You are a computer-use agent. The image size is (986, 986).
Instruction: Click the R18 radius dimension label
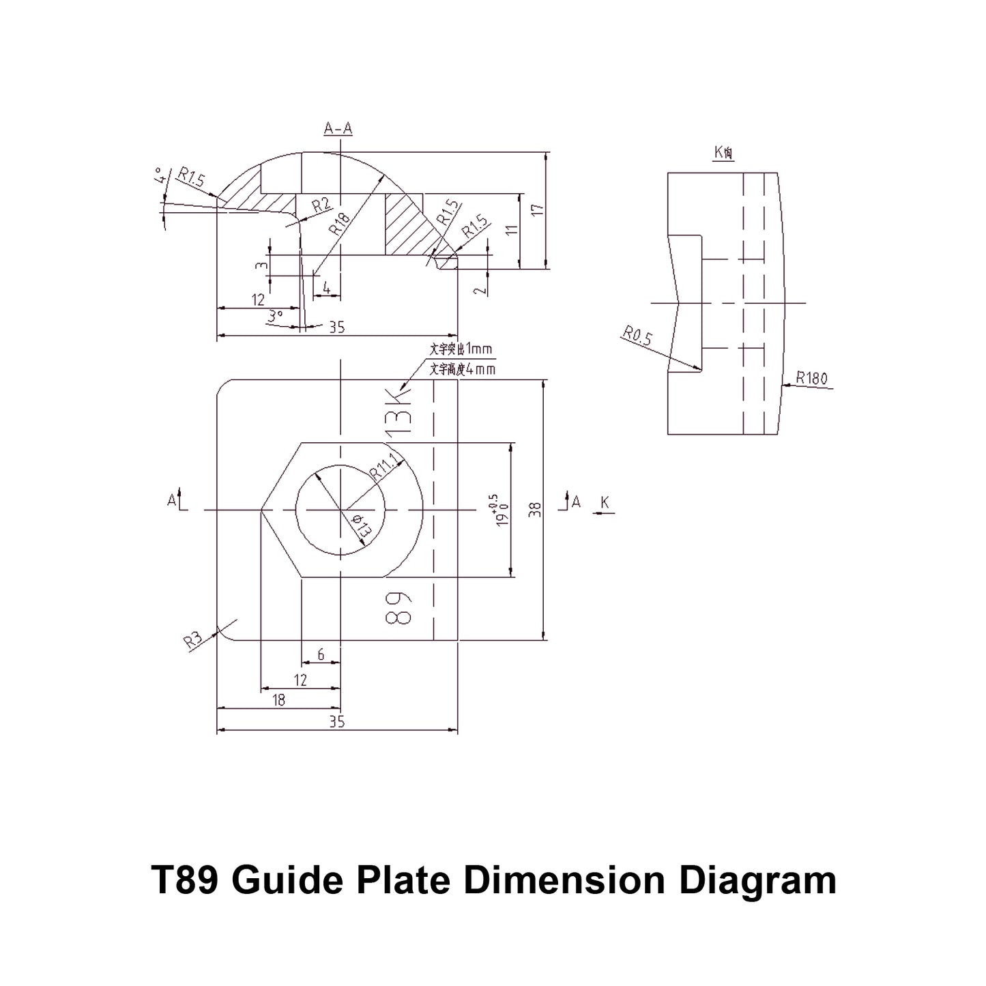point(339,222)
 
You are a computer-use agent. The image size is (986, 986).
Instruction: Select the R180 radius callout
point(811,378)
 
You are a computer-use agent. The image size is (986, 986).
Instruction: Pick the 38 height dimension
point(535,510)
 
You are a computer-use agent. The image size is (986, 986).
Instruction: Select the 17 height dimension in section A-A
point(538,209)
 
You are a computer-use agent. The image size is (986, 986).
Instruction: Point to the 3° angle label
point(275,317)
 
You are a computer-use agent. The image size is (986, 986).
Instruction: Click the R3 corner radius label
point(193,641)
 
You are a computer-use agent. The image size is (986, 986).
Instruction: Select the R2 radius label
point(321,205)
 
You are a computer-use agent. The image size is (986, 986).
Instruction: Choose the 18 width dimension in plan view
point(278,700)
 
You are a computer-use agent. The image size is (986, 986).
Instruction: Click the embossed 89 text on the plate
point(398,607)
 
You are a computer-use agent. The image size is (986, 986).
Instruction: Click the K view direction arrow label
point(605,503)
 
